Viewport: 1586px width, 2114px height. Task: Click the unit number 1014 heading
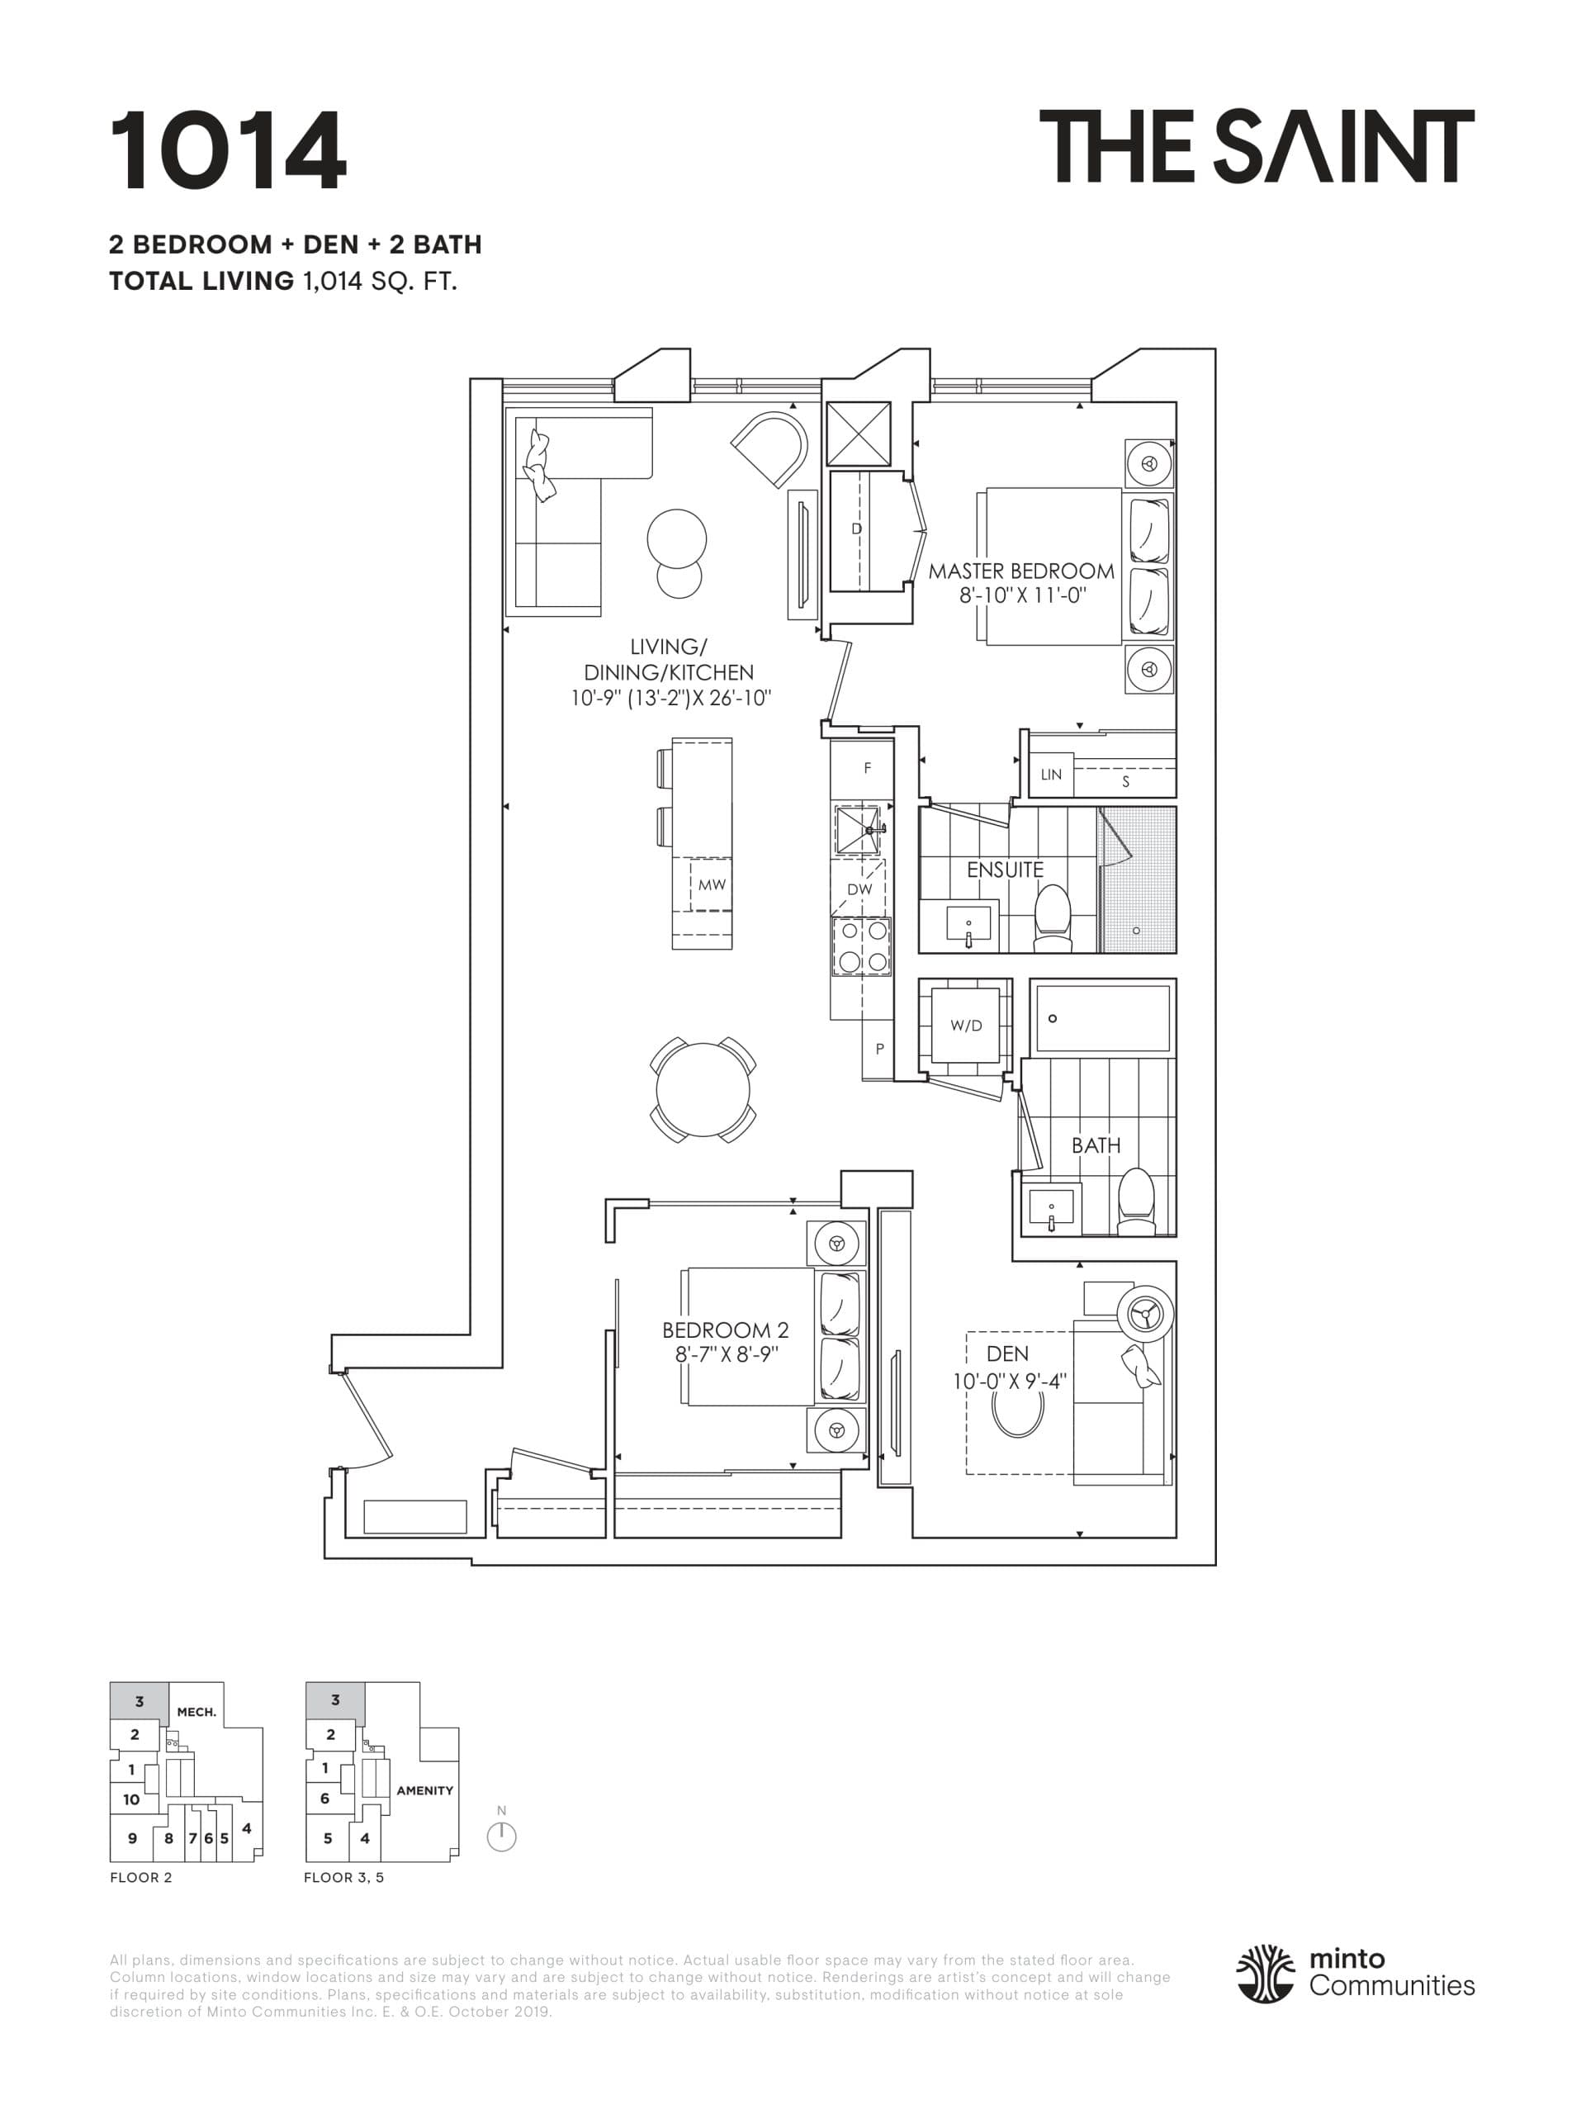pos(227,151)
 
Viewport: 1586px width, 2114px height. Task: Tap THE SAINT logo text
pos(1256,146)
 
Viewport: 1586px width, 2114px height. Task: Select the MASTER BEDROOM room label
pos(1020,571)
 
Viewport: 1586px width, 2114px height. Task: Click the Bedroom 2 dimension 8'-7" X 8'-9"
pos(726,1353)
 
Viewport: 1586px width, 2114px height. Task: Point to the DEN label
pos(1007,1353)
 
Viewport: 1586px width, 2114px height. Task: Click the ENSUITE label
pos(1004,869)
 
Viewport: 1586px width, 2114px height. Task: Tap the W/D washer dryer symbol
pos(965,1026)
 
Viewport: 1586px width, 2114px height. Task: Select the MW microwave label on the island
pos(711,885)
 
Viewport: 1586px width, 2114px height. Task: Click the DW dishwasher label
pos(859,889)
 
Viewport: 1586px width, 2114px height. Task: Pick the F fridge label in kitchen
pos(867,767)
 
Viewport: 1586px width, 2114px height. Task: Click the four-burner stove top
pos(861,946)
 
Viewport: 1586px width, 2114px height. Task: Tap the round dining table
pos(703,1089)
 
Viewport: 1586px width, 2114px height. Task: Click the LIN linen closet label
pos(1050,774)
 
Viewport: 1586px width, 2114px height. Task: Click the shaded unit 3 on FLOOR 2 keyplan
pos(140,1701)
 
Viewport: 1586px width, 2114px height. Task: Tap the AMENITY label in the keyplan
pos(424,1790)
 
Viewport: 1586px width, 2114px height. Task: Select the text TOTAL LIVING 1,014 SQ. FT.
pos(283,281)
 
